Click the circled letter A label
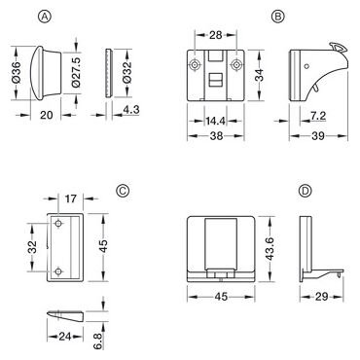[45, 17]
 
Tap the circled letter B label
[277, 17]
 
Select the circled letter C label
[123, 191]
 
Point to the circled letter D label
[305, 191]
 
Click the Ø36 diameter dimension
[17, 73]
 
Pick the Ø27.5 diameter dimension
[76, 73]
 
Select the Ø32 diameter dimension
[127, 73]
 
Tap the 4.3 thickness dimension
[131, 110]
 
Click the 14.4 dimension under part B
[215, 121]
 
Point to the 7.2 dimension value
[318, 116]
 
